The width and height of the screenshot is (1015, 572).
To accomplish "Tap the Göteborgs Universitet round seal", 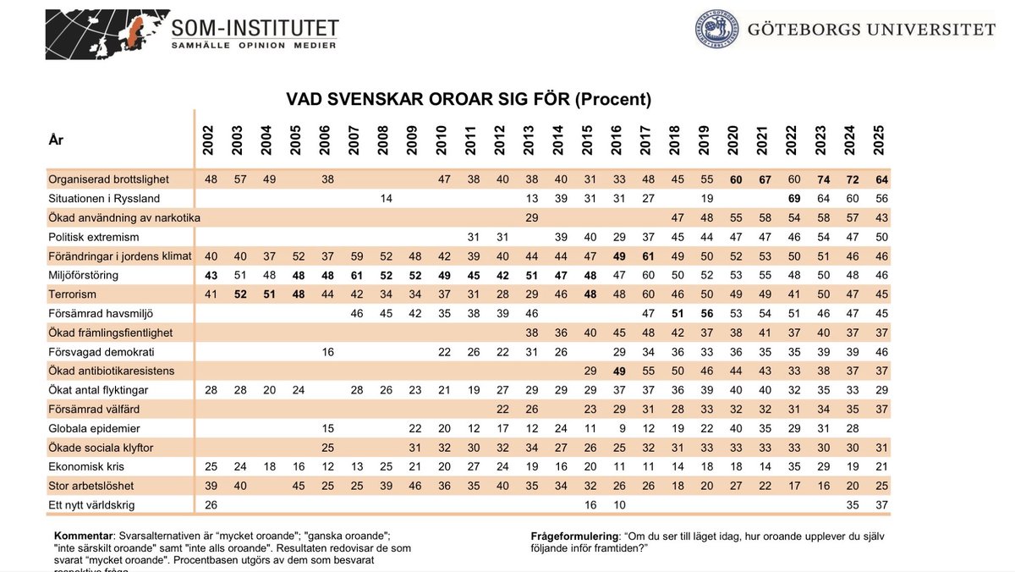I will tap(716, 30).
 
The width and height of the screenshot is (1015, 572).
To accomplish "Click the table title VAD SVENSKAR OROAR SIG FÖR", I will tap(468, 99).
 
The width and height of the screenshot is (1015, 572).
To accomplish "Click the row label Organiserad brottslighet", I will tap(109, 179).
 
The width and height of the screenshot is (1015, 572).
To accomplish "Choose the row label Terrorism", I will tap(74, 294).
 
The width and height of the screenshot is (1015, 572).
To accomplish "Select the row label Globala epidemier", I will tap(95, 428).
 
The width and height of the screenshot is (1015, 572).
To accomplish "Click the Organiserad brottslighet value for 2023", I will tap(820, 179).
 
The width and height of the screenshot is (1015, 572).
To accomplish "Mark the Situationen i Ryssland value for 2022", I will tap(792, 198).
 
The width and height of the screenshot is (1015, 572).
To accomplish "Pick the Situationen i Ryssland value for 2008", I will tap(383, 198).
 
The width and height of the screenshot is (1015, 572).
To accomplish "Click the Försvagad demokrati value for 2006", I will tap(325, 351).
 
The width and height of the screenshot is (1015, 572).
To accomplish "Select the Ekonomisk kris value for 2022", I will tap(792, 466).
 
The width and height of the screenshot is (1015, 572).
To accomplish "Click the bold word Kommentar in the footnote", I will tap(83, 536).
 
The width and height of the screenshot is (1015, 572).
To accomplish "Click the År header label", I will tap(56, 140).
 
